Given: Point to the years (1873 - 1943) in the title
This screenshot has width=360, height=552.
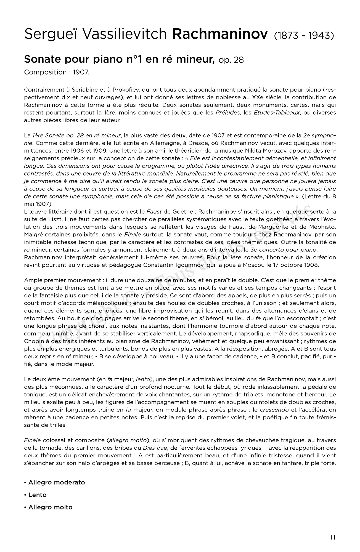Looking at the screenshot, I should [304, 35].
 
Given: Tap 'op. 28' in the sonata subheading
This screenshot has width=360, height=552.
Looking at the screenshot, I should [231, 60].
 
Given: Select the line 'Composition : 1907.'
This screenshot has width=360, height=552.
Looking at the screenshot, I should [57, 72].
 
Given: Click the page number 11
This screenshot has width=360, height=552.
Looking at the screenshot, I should [332, 537].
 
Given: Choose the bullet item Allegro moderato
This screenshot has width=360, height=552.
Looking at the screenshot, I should [57, 482].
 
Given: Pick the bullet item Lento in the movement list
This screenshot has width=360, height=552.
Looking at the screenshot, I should [37, 495].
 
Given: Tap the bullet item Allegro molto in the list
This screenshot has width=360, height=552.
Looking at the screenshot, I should [50, 507].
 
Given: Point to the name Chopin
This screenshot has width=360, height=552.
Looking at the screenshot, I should [33, 341].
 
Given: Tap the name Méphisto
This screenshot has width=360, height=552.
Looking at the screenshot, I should [322, 227].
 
